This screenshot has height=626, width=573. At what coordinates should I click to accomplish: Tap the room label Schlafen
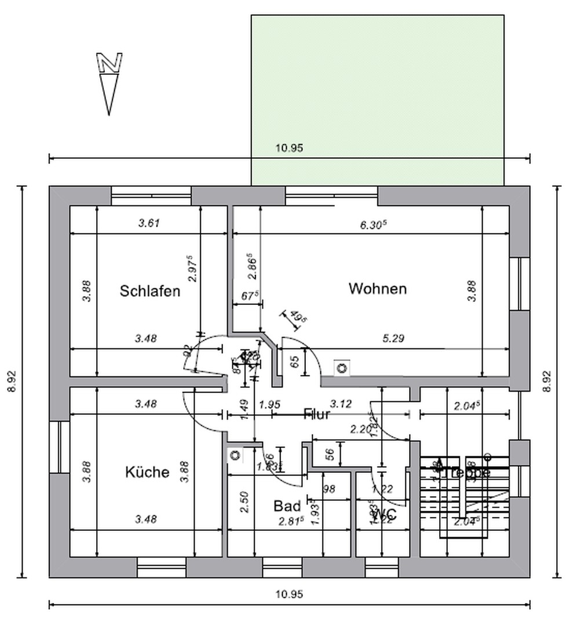coord(150,291)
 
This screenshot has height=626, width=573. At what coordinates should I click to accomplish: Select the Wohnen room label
coord(377,289)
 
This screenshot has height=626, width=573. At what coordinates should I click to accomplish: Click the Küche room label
coord(147,472)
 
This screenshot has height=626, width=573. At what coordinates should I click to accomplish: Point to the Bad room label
coord(287,506)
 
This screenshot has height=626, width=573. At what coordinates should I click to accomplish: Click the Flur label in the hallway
coord(317,414)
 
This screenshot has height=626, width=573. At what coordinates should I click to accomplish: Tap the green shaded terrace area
coord(377,87)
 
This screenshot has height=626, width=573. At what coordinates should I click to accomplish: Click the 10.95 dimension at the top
coord(289,148)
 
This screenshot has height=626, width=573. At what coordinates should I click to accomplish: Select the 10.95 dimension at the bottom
coord(289,594)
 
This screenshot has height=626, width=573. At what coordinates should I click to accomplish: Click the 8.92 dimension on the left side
coord(12,382)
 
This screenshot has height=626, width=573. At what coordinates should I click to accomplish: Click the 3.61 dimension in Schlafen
coord(148,223)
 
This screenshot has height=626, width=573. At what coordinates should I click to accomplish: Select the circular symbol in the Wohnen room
coord(342,367)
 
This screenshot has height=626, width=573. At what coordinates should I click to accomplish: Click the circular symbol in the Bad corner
coord(235,455)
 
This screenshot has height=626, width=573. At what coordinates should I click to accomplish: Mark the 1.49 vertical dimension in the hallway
coord(243,411)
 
